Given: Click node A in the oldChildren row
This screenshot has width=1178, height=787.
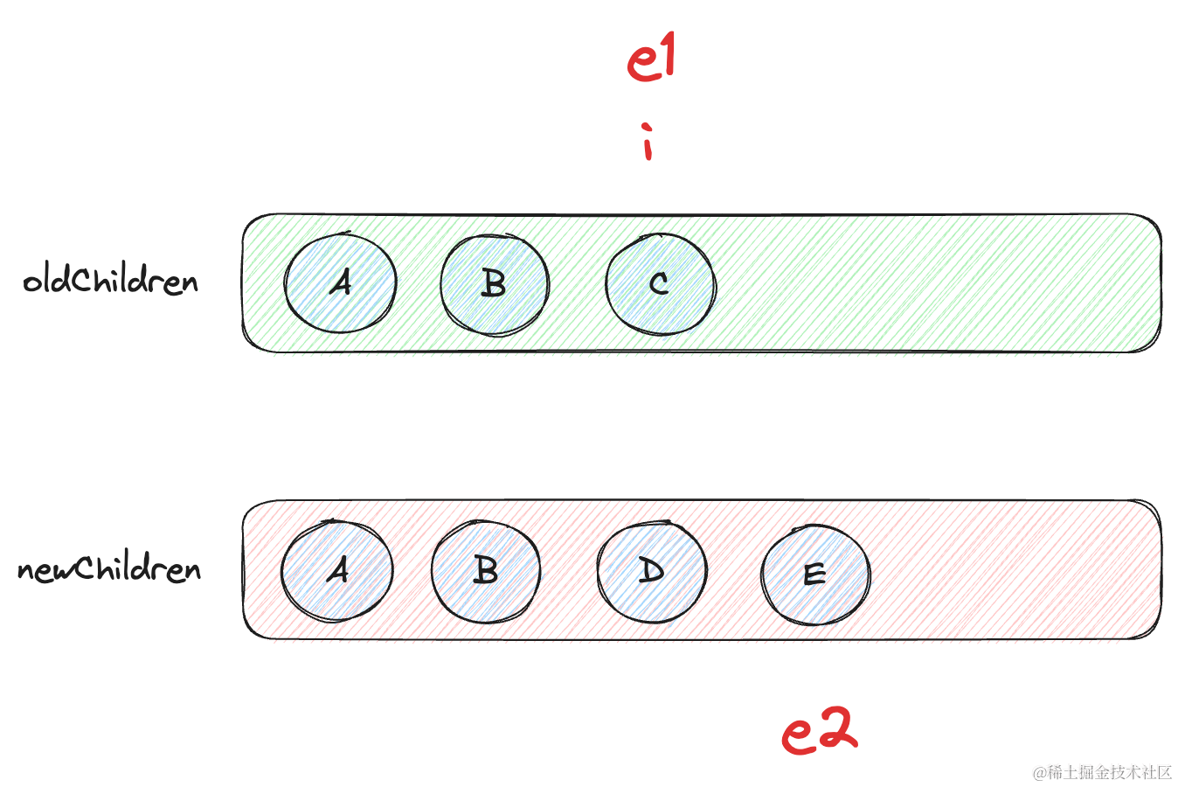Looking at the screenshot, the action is pyautogui.click(x=341, y=282).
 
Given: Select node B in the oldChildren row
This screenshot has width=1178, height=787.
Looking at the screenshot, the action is pyautogui.click(x=495, y=283).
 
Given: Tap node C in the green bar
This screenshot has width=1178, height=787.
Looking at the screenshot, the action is pyautogui.click(x=661, y=283).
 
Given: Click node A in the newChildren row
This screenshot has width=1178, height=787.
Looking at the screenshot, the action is pyautogui.click(x=337, y=570).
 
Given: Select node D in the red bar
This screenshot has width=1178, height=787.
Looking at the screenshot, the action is pyautogui.click(x=652, y=571).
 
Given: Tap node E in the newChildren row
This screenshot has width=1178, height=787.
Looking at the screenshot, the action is pyautogui.click(x=815, y=574).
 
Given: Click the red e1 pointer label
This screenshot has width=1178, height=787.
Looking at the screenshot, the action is pyautogui.click(x=652, y=59).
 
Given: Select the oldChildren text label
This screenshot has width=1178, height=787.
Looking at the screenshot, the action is pyautogui.click(x=111, y=281).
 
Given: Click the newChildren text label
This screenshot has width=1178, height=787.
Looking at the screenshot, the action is pyautogui.click(x=109, y=569).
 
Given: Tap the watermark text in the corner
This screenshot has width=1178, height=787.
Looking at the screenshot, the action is pyautogui.click(x=1103, y=772).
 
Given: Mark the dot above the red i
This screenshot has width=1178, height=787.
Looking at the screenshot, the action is pyautogui.click(x=647, y=128).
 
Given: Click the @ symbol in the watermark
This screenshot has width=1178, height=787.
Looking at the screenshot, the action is pyautogui.click(x=1040, y=773).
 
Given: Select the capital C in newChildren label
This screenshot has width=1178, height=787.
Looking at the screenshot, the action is pyautogui.click(x=85, y=568).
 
